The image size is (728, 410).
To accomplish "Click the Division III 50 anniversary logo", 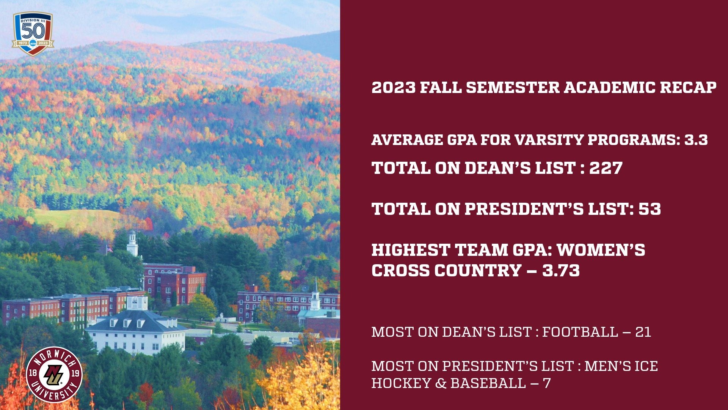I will point(33,33).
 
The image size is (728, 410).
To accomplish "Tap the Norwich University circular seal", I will point(54,374).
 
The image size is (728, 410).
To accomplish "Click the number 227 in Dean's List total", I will point(606,168).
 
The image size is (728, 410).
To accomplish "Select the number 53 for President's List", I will point(650,209).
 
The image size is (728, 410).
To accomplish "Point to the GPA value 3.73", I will point(561,271).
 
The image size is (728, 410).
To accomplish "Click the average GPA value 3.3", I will point(696,140).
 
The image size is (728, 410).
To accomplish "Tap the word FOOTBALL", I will point(580,332).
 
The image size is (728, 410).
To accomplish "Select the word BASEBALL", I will point(488,383).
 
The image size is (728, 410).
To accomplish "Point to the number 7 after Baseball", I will point(546,383).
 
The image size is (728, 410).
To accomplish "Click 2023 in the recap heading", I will point(393,88).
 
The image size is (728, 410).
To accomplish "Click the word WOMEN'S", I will point(601,250).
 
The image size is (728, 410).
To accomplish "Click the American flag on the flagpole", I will point(110,249).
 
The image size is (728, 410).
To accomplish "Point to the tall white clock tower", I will point(132,243).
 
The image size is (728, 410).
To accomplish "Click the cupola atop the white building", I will point(137,303).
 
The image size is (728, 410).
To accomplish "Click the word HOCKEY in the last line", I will point(401,383).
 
